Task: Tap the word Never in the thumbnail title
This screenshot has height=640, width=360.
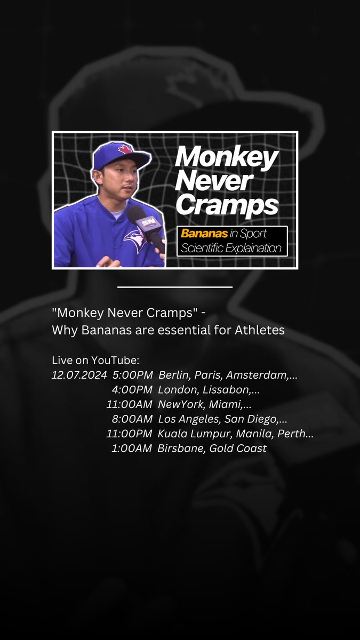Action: pyautogui.click(x=213, y=180)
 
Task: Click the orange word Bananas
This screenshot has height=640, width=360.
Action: pyautogui.click(x=200, y=233)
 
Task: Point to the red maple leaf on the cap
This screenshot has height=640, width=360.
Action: pyautogui.click(x=125, y=149)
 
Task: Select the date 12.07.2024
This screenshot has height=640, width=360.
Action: pyautogui.click(x=79, y=375)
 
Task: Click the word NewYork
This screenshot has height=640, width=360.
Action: pyautogui.click(x=179, y=405)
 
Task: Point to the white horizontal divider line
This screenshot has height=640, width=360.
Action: pyautogui.click(x=174, y=287)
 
